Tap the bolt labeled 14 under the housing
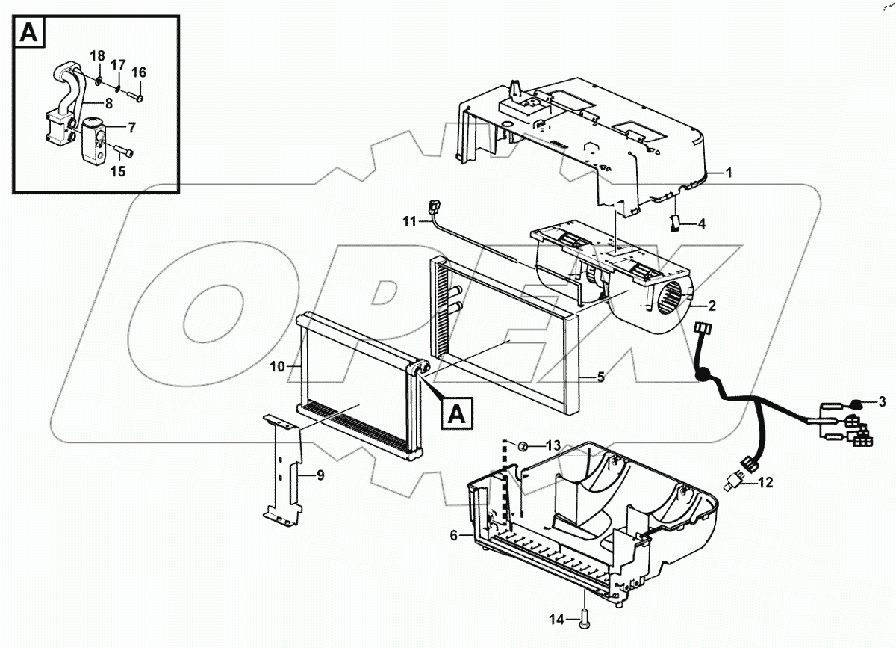tap(582, 618)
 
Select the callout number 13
tap(552, 445)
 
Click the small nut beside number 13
tap(524, 446)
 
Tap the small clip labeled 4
tap(674, 223)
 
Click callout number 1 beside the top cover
tap(729, 173)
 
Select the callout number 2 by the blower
tap(712, 306)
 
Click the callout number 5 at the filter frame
tap(600, 378)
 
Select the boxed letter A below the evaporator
tap(458, 412)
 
